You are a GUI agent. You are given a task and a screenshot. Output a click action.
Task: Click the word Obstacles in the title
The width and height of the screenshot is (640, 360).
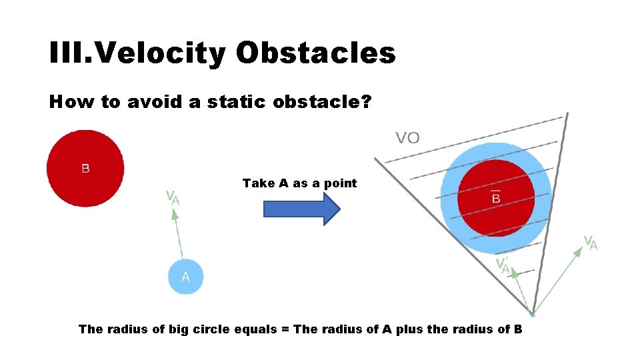[315, 53]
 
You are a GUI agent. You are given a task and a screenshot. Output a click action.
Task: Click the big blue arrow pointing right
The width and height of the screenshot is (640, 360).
[302, 209]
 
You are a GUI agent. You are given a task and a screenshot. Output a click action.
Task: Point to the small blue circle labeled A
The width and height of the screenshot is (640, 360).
[185, 276]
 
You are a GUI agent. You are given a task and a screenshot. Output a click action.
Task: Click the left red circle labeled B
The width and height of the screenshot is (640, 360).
[85, 169]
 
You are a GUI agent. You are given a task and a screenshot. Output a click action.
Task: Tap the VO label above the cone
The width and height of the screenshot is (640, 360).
[408, 138]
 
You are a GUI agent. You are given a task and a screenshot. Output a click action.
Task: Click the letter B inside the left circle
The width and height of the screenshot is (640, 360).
[85, 169]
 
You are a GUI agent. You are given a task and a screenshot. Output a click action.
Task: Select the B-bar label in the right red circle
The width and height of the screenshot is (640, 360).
[496, 197]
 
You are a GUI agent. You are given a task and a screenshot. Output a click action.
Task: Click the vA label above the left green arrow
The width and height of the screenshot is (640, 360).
[172, 197]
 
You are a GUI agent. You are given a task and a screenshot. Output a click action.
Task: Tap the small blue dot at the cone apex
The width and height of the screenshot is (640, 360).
[532, 313]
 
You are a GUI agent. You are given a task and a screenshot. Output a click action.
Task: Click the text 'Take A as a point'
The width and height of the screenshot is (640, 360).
[299, 183]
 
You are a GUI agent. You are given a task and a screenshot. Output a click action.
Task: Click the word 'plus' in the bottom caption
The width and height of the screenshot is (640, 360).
[409, 329]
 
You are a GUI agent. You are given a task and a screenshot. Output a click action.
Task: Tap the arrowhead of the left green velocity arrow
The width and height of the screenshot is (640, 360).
[175, 215]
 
